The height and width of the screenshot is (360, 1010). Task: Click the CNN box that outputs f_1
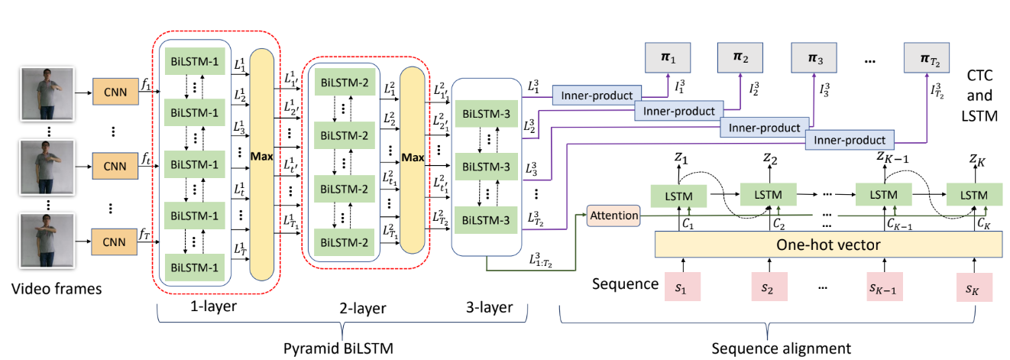pyautogui.click(x=112, y=91)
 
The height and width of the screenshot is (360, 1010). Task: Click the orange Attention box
pyautogui.click(x=613, y=216)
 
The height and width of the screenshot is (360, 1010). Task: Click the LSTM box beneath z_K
pyautogui.click(x=973, y=195)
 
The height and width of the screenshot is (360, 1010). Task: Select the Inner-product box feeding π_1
pyautogui.click(x=595, y=96)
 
